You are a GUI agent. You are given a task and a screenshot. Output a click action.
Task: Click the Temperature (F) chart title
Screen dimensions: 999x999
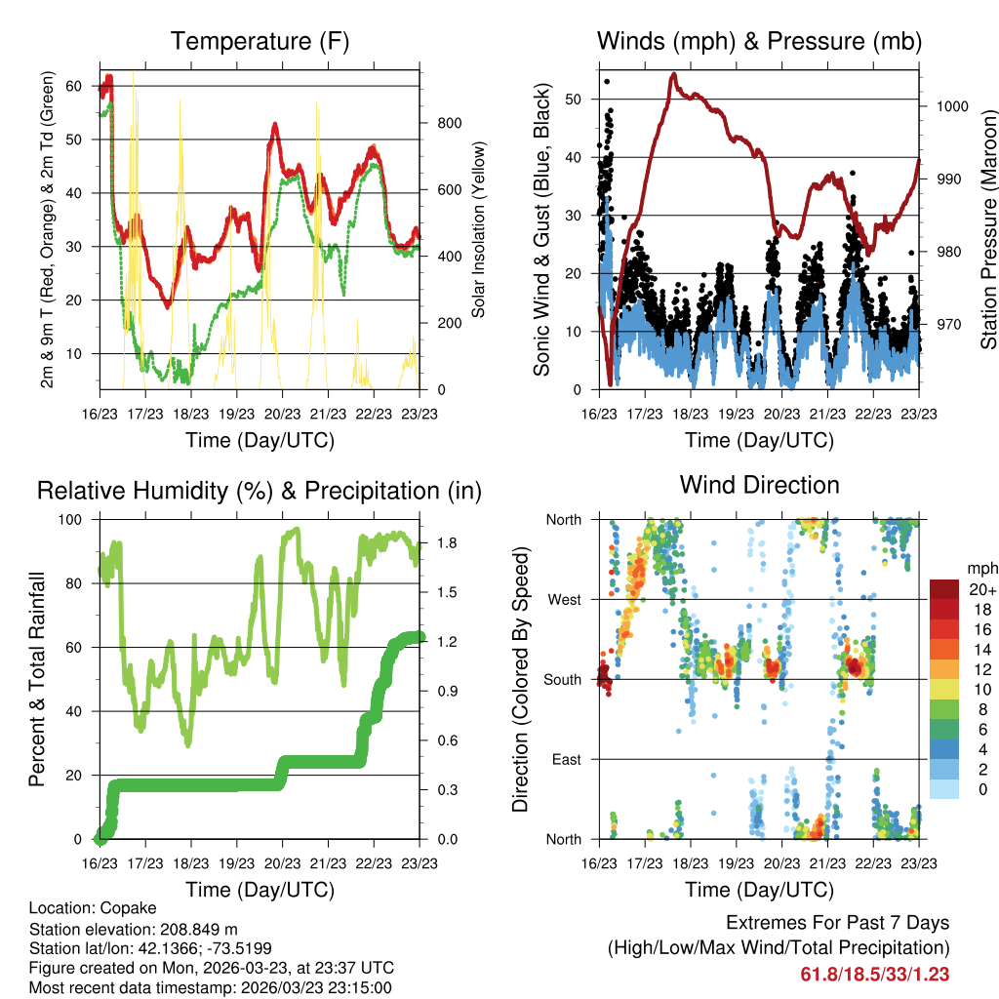[x=260, y=42]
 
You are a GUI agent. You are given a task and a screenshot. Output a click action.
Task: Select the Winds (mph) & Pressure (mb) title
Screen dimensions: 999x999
[x=760, y=42]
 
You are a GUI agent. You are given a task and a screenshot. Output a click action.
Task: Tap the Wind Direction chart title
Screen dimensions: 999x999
[x=760, y=485]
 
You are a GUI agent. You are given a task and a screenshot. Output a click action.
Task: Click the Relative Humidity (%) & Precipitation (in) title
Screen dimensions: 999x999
[x=260, y=491]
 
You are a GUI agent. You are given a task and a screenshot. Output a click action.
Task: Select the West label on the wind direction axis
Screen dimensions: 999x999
[x=564, y=599]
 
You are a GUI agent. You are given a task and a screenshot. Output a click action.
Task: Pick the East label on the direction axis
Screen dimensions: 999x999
[x=566, y=759]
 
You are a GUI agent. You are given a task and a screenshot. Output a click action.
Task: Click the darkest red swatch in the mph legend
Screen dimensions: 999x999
[x=945, y=589]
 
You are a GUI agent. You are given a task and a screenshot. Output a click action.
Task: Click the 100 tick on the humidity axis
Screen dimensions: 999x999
[x=78, y=519]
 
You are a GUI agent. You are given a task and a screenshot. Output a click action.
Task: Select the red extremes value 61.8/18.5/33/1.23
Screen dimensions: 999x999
[x=875, y=975]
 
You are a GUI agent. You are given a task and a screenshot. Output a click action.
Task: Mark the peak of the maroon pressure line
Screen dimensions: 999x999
[x=673, y=73]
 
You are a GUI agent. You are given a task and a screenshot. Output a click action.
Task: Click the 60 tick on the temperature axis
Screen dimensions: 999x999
[x=74, y=86]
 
